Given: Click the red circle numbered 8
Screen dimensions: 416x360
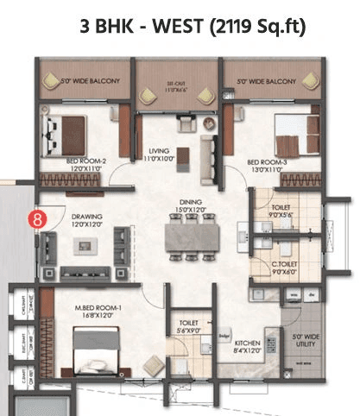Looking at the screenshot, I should (37, 218).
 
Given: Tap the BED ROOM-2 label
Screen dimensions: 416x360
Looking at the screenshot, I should (86, 161).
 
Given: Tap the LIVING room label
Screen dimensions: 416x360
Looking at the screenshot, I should (158, 149).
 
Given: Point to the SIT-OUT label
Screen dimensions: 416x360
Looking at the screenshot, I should (177, 85).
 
